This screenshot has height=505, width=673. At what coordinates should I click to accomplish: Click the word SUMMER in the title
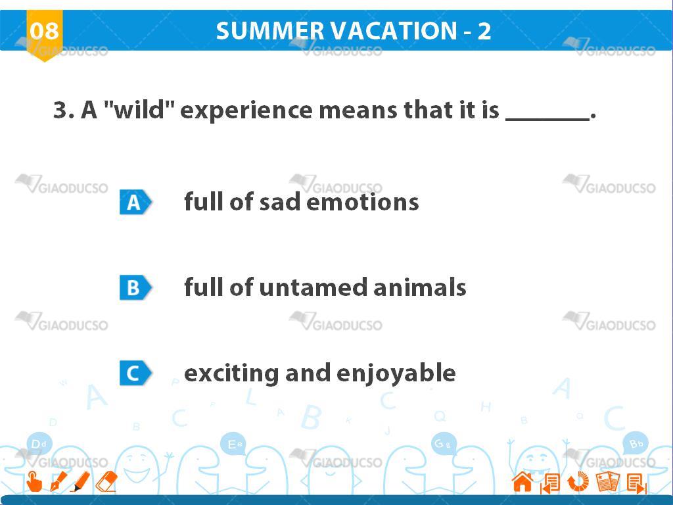click(272, 31)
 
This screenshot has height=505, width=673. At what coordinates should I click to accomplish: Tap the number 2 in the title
click(484, 31)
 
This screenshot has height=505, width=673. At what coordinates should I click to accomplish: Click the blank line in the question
click(547, 120)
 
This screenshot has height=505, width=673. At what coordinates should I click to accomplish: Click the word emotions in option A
click(363, 203)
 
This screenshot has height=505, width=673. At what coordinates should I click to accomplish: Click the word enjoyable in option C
click(396, 373)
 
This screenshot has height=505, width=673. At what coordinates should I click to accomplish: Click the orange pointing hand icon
click(34, 481)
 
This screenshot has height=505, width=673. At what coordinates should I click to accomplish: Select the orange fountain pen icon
click(58, 481)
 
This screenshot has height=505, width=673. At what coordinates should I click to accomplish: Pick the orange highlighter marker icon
click(80, 481)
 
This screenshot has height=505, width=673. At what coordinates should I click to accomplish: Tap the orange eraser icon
click(106, 481)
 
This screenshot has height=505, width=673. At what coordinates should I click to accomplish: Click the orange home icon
click(522, 482)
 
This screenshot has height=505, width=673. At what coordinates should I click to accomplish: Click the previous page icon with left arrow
click(550, 483)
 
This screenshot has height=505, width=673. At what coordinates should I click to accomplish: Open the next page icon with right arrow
click(636, 483)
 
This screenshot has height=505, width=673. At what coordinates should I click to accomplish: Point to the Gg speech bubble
click(443, 444)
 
